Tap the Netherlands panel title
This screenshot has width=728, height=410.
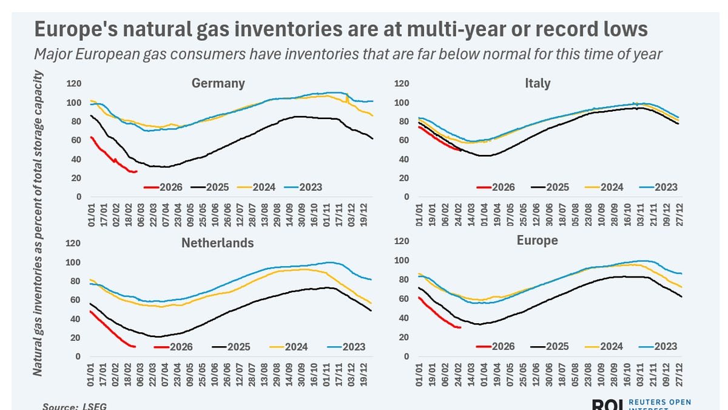click(x=218, y=243)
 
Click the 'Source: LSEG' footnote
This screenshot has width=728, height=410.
click(x=70, y=406)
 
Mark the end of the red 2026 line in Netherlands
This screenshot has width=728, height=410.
click(x=135, y=347)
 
